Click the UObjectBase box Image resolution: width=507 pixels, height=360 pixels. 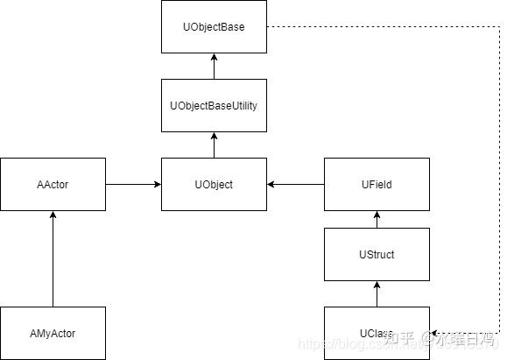(214, 27)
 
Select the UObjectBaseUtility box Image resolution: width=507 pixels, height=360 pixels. (214, 105)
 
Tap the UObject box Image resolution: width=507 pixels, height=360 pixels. (214, 184)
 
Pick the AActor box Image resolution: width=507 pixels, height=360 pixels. (53, 184)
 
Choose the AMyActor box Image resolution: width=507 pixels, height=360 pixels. (53, 333)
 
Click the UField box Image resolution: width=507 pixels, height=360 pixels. (377, 184)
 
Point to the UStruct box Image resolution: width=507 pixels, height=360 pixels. (377, 254)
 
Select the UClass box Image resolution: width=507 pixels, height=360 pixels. (377, 333)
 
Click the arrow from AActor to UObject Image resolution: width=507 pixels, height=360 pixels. (133, 184)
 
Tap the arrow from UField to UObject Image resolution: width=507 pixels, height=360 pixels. (295, 184)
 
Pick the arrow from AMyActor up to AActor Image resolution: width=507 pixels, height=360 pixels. (53, 258)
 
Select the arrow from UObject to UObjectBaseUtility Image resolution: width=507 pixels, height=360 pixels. (214, 145)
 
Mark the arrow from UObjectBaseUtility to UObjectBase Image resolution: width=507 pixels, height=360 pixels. (214, 66)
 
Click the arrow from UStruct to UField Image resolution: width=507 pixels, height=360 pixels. (377, 219)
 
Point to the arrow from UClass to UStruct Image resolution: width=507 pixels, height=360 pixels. (377, 293)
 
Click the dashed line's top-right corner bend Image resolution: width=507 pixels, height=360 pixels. (486, 27)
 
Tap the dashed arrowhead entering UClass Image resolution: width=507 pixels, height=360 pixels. (435, 333)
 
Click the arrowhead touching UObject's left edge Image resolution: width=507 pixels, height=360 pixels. (156, 184)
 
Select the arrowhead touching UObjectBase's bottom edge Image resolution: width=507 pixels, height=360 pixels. (214, 58)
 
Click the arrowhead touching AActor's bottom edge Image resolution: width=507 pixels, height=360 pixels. (53, 215)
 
